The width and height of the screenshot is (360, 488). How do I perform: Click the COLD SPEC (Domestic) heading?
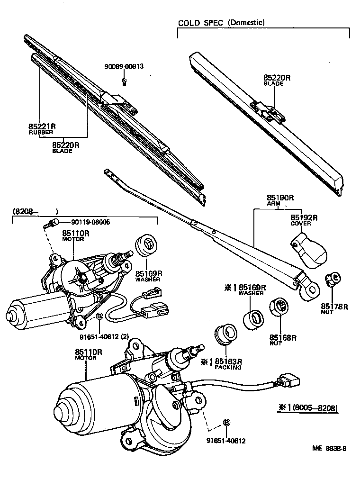(x=221, y=23)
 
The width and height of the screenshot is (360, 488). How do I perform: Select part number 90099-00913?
(x=124, y=67)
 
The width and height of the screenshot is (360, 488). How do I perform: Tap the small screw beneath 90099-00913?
(x=124, y=82)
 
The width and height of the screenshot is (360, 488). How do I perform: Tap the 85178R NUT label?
(x=334, y=309)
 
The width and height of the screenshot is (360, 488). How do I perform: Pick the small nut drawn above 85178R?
(x=332, y=279)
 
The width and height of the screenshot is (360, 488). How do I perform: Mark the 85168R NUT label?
(x=283, y=340)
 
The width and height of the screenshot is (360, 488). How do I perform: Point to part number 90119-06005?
(x=90, y=222)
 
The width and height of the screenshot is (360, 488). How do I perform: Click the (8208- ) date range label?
(x=36, y=211)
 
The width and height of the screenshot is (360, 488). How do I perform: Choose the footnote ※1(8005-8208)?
(x=308, y=407)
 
